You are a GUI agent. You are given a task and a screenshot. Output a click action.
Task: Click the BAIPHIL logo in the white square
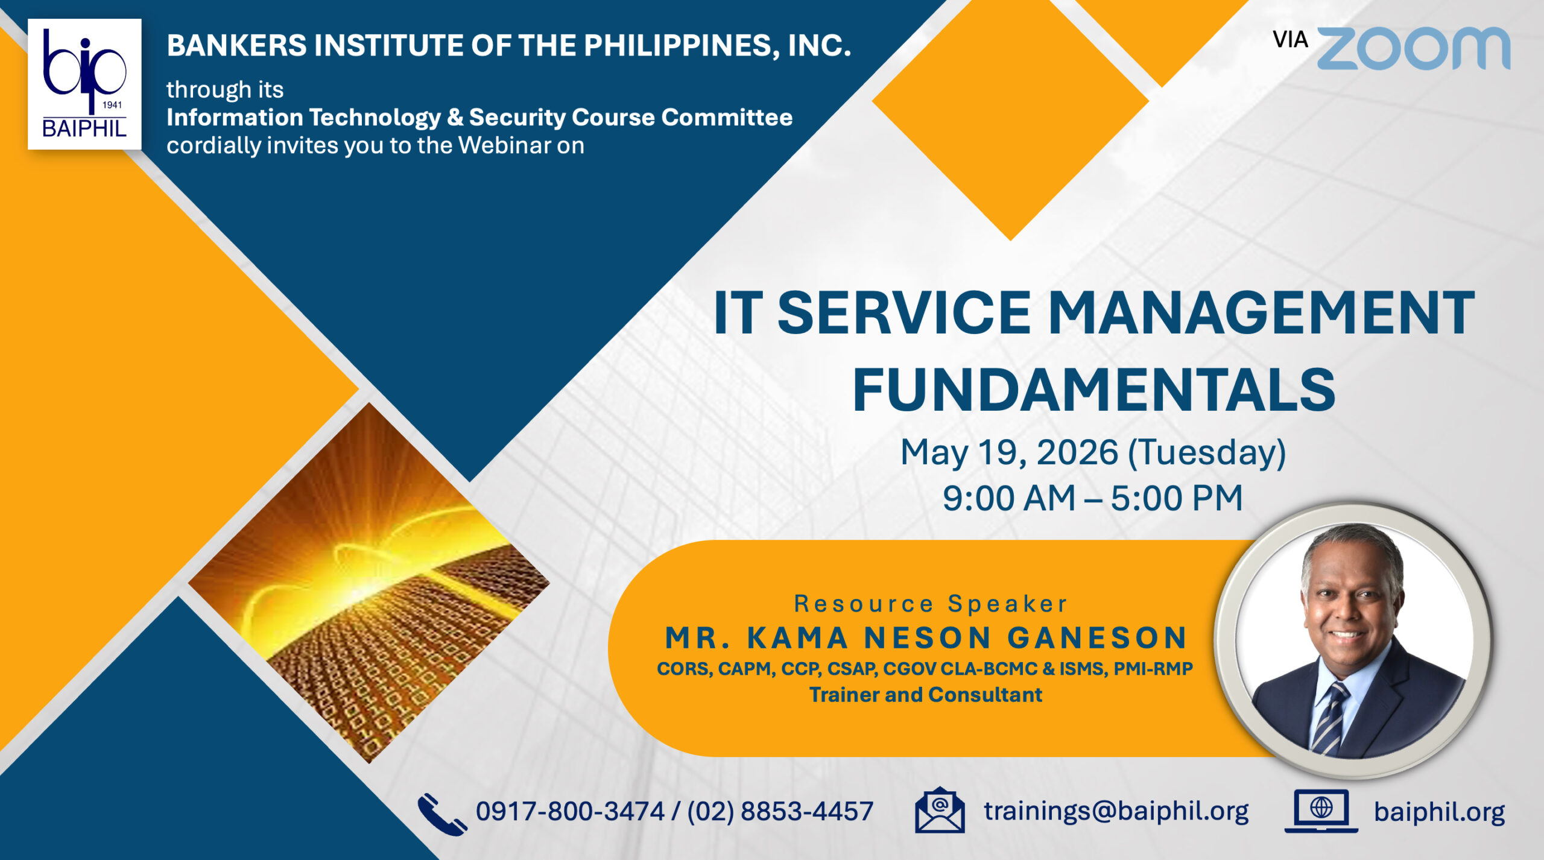84,84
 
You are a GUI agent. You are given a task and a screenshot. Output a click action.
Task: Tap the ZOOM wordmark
1413,48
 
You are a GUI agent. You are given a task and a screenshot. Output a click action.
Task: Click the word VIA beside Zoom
1290,40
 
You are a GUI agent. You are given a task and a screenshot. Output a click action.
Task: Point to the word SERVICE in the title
903,313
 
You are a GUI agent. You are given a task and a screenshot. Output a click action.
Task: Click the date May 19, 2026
1009,452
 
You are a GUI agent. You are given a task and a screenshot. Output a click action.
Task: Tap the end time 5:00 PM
1177,498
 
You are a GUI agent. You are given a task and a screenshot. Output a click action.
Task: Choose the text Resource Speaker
930,604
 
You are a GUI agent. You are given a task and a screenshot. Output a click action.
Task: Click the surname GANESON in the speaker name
1097,638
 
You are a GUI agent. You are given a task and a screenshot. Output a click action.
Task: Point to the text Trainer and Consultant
925,695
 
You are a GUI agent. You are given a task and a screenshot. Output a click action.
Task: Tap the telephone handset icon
442,814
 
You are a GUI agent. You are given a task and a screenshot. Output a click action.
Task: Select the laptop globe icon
1321,811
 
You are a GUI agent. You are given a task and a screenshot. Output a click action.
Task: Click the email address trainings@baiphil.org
1116,811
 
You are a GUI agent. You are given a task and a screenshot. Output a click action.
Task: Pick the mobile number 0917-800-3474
570,812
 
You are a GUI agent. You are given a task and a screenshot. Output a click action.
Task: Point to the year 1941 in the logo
112,105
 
